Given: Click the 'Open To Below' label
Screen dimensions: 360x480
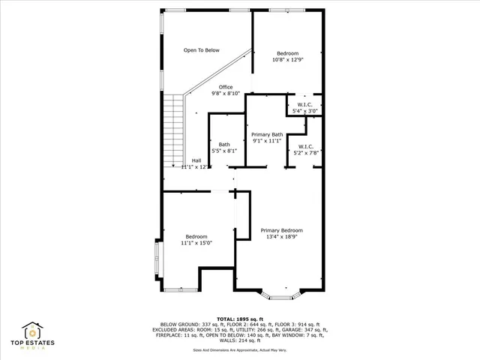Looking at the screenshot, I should coord(202,50).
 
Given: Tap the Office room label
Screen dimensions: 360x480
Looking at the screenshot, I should coord(226,87).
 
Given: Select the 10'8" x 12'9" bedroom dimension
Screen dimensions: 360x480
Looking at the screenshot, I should coord(288,60).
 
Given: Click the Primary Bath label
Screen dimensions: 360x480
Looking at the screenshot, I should coord(266,134).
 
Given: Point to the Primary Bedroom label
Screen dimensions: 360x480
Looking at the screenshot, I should coord(282,230).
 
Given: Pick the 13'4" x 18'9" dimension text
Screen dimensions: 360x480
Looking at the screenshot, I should coord(282,237).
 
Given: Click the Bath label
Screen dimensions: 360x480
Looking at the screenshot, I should coord(224,144).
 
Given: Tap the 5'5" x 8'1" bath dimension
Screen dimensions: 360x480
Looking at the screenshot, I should coord(224,151).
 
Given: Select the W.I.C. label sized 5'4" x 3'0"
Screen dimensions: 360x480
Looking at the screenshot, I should coord(304,104).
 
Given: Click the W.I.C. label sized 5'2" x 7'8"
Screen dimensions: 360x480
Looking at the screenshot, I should coord(305,146).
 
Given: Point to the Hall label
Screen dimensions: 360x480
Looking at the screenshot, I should coord(196,160).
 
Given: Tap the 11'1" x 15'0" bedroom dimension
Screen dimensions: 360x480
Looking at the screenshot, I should coord(196,243).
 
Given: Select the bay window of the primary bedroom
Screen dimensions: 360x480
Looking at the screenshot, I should coord(280,295).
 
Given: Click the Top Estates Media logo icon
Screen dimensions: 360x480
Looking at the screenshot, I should coord(33,330).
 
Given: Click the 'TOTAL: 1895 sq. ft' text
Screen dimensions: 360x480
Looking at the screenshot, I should coord(240,319).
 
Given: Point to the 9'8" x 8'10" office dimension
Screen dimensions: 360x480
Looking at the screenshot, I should coord(226,94).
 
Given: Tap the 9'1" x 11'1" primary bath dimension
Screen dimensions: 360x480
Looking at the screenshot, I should coord(266,141).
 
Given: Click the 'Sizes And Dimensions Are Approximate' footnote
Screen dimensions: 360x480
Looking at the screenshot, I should coord(240,349).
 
